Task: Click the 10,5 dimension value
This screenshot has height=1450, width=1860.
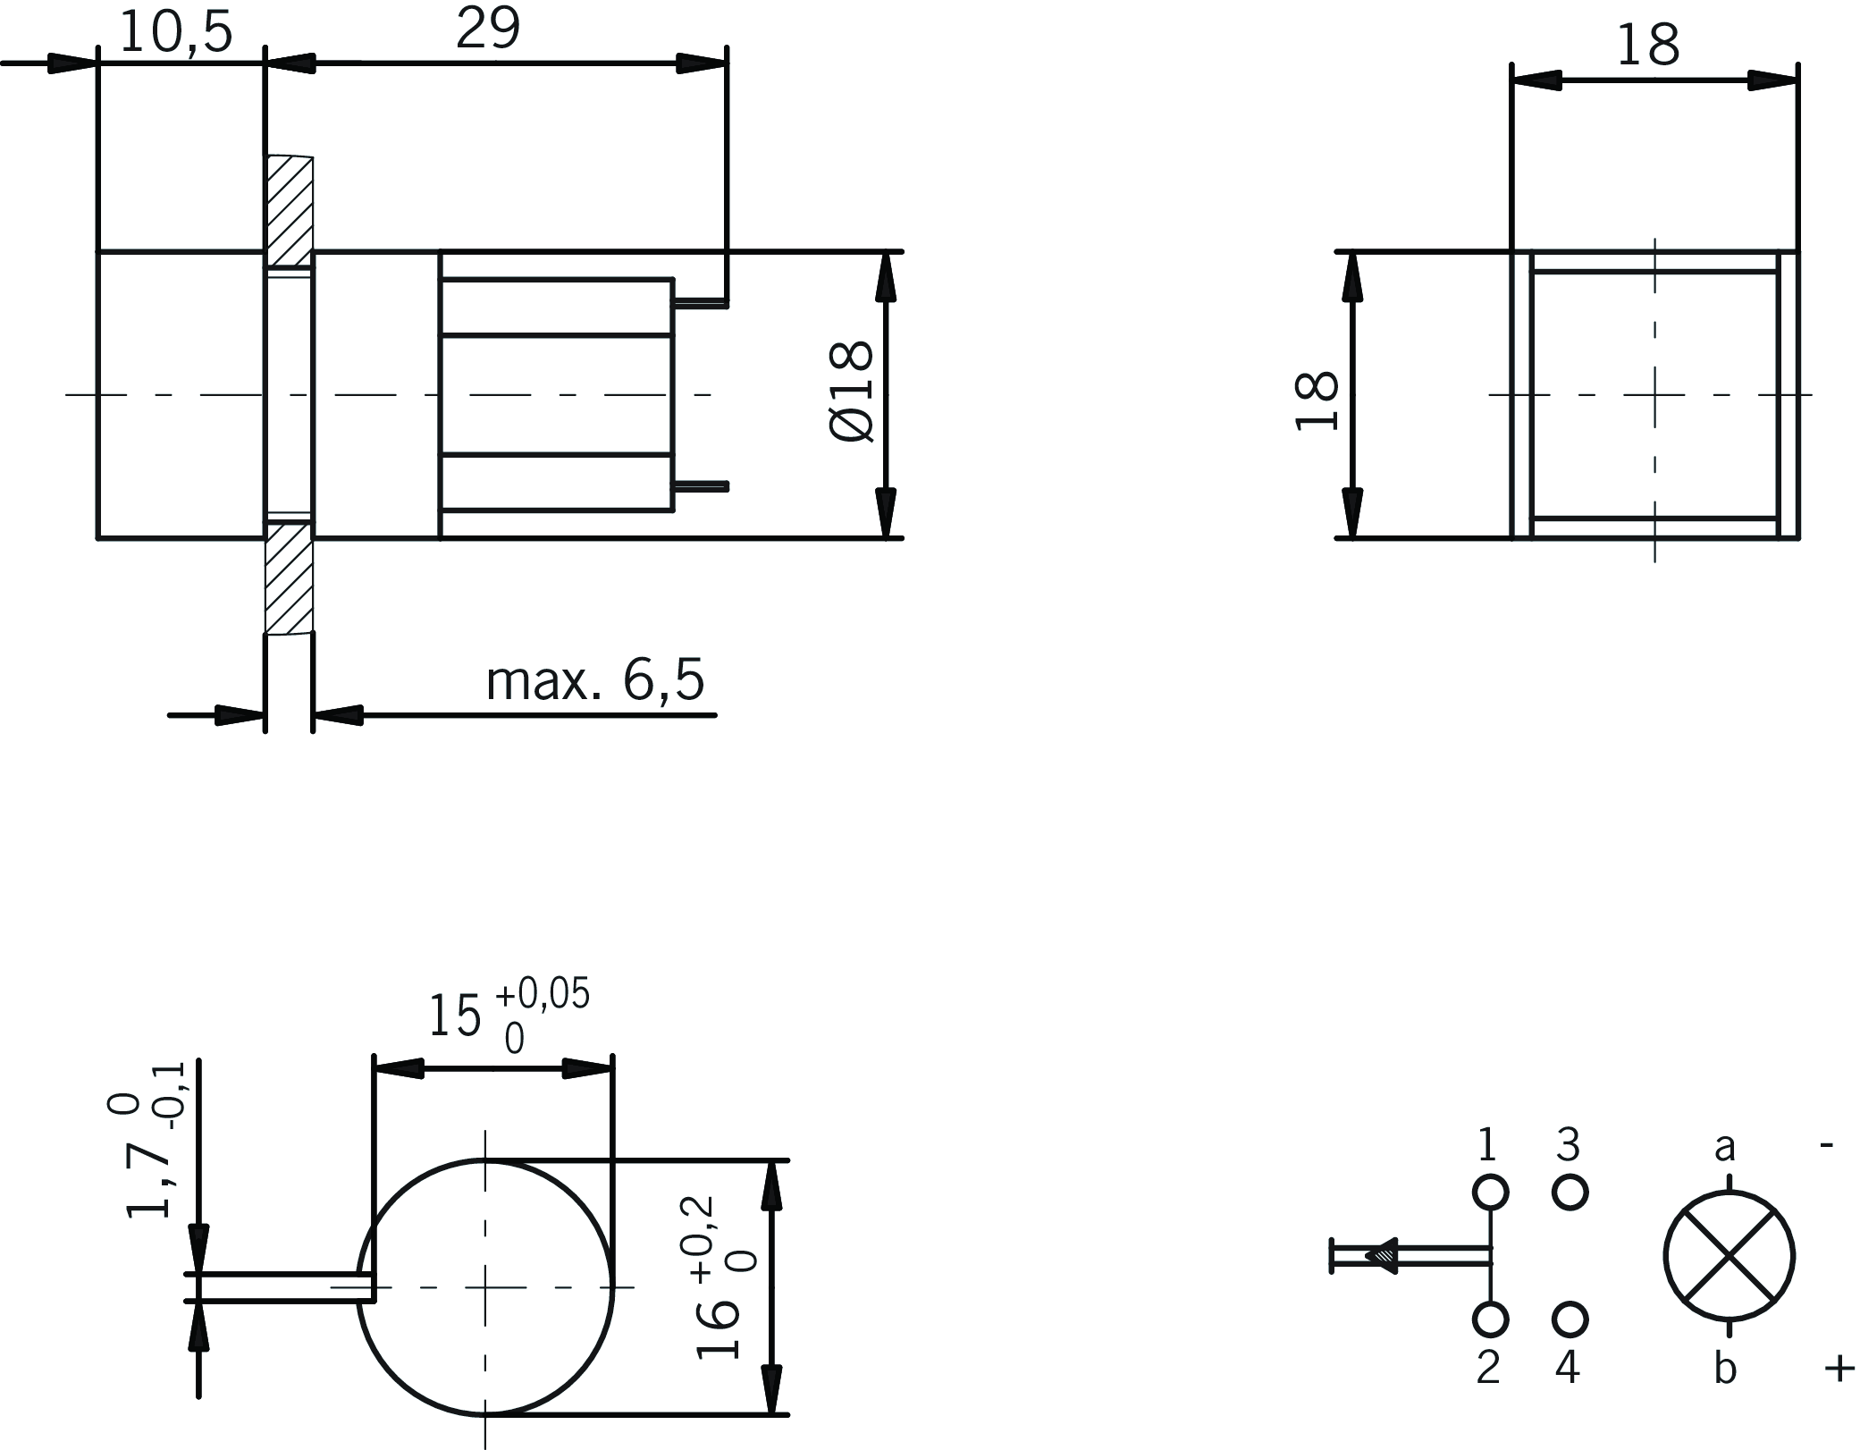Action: point(175,33)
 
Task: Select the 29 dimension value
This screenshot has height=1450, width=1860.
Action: point(488,30)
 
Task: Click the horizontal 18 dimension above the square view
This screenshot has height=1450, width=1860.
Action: point(1648,46)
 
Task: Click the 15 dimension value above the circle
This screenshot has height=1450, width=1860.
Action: point(455,1017)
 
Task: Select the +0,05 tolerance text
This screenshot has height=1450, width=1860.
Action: point(543,994)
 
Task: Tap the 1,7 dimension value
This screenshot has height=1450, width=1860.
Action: point(148,1182)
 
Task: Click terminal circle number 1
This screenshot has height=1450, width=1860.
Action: point(1490,1192)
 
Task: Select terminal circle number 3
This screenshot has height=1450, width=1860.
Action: point(1570,1192)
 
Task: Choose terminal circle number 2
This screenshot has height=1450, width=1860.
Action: point(1490,1319)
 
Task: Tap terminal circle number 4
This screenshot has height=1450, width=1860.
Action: point(1570,1319)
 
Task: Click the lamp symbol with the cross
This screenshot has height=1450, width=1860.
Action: point(1729,1255)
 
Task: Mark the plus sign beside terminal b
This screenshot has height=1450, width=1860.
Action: point(1839,1368)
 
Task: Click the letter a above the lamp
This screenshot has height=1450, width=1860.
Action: point(1725,1146)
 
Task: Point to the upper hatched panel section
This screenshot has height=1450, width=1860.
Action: point(289,211)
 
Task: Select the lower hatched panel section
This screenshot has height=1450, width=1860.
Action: point(289,578)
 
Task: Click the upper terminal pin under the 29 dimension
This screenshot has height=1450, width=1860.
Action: point(701,306)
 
